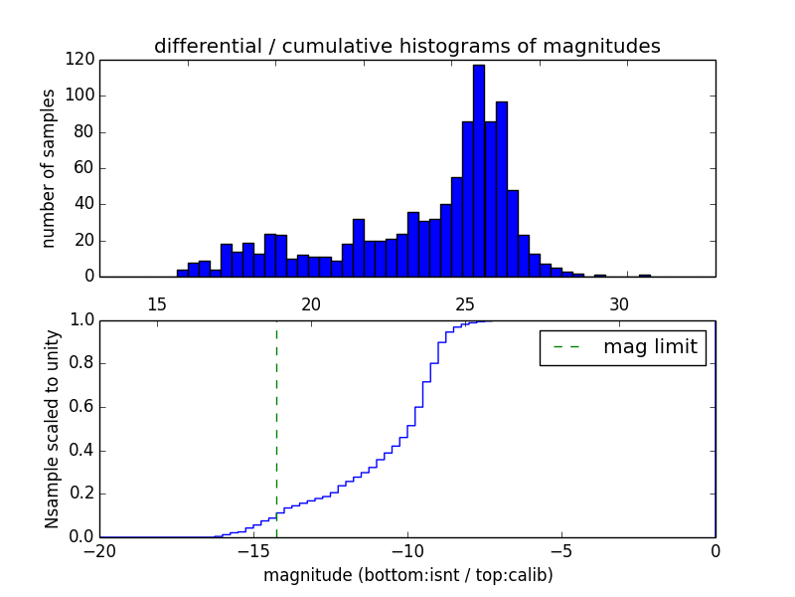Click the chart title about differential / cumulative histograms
tap(406, 46)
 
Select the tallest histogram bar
tap(478, 169)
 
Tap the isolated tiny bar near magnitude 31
tap(644, 275)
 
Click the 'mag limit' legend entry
tap(622, 347)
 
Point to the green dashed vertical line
tap(276, 428)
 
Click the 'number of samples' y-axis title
tap(48, 168)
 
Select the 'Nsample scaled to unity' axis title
tap(52, 429)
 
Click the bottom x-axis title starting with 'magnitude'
tap(407, 575)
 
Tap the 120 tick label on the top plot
tap(79, 60)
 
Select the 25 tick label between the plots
tap(465, 304)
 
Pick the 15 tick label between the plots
tap(157, 304)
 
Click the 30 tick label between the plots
tap(619, 304)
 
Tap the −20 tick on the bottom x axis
tap(99, 550)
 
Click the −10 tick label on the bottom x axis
tap(407, 550)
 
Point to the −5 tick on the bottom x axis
tap(561, 550)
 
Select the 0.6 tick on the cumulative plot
tap(79, 407)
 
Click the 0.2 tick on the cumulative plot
tap(79, 494)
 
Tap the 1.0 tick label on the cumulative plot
tap(79, 320)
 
